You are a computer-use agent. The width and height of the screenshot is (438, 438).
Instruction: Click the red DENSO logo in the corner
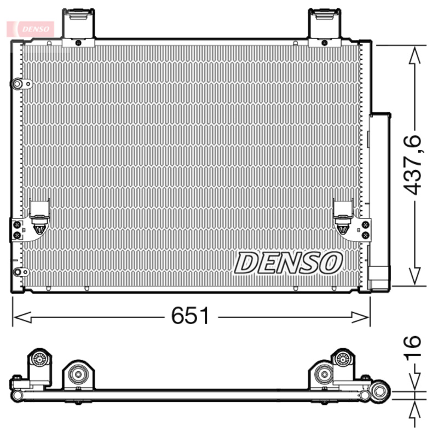[x=31, y=29]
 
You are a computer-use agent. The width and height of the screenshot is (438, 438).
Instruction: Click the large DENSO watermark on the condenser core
[x=289, y=263]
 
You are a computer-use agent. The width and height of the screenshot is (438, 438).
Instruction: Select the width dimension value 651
[x=190, y=316]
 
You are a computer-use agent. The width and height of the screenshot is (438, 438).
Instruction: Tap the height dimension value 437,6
[x=412, y=165]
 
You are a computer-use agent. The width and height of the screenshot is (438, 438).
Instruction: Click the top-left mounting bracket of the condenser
[x=78, y=27]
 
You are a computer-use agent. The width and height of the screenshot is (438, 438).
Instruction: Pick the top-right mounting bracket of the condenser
[x=325, y=27]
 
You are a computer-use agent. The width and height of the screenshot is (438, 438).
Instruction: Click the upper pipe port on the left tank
[x=21, y=84]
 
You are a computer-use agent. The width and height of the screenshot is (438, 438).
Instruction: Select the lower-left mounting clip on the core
[x=39, y=216]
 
